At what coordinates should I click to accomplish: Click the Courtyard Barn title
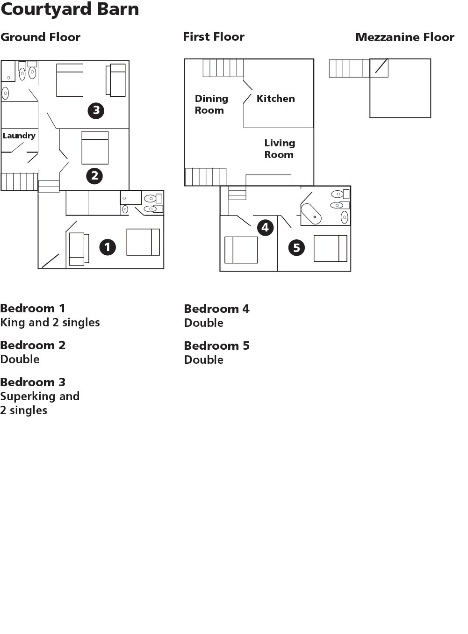point(70,10)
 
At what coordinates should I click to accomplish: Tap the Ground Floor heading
point(40,37)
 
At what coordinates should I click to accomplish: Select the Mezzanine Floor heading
point(405,37)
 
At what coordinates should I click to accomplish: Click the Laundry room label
point(19,136)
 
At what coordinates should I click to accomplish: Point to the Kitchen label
point(275,99)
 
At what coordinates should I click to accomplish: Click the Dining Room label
point(211,104)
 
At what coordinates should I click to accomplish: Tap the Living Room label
point(280,149)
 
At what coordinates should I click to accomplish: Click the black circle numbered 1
point(108,247)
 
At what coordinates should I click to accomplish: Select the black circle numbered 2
point(94,175)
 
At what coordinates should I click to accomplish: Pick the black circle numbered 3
point(96,110)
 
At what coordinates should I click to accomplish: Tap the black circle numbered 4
point(265,228)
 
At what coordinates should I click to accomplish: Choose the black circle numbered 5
point(296,247)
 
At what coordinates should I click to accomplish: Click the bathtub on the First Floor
point(311,214)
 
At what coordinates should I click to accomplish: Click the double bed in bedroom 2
point(95,147)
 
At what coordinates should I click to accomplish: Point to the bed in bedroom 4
point(241,250)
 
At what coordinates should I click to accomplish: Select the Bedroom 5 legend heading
point(217,346)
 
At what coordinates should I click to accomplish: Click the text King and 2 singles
point(50,323)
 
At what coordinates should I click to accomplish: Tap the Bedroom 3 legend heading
point(33,382)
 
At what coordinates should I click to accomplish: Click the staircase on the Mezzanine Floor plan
point(359,68)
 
